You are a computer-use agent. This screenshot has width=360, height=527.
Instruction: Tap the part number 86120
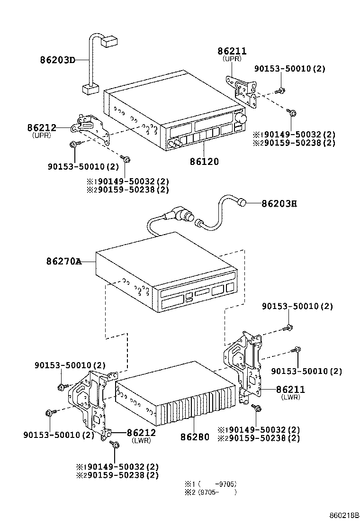pyautogui.click(x=204, y=162)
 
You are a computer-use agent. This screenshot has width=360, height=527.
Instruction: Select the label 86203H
pyautogui.click(x=279, y=204)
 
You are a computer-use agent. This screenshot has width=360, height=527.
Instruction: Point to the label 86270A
pyautogui.click(x=64, y=261)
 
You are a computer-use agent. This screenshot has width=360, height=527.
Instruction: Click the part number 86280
pyautogui.click(x=195, y=436)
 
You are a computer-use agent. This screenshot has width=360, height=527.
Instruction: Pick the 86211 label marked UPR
pyautogui.click(x=232, y=51)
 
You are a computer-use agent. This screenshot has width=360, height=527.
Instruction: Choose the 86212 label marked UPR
pyautogui.click(x=42, y=128)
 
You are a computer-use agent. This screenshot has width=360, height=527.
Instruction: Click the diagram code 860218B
pyautogui.click(x=343, y=515)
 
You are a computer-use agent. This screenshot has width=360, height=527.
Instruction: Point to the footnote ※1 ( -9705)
pyautogui.click(x=210, y=484)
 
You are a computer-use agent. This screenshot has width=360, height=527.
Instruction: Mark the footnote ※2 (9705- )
pyautogui.click(x=210, y=492)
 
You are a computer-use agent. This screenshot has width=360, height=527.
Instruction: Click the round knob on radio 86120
pyautogui.click(x=242, y=118)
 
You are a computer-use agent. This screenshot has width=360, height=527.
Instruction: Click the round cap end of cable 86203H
pyautogui.click(x=242, y=203)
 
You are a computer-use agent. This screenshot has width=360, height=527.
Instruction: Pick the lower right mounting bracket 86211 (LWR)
pyautogui.click(x=245, y=367)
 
